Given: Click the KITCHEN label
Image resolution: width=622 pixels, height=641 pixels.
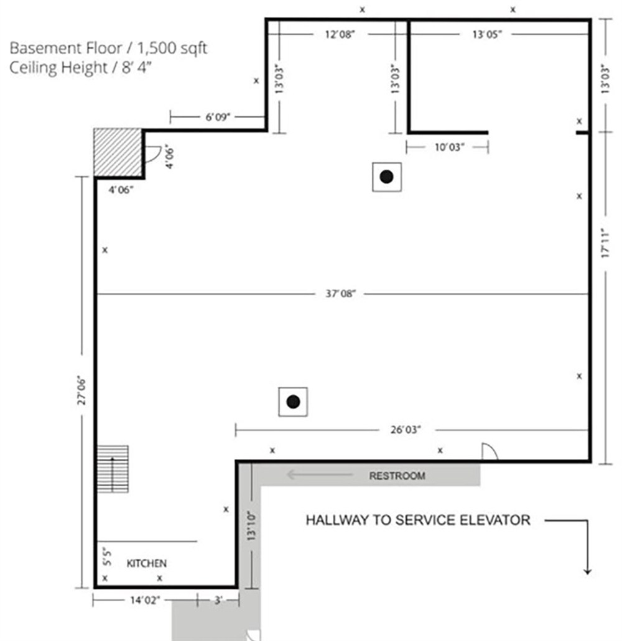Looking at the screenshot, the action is pyautogui.click(x=146, y=563).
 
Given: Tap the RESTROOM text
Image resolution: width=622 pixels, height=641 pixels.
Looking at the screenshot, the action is pyautogui.click(x=397, y=476).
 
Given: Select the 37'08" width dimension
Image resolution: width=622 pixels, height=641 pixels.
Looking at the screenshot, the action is pyautogui.click(x=341, y=293).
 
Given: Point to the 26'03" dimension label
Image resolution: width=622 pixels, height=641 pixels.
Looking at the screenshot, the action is pyautogui.click(x=406, y=430).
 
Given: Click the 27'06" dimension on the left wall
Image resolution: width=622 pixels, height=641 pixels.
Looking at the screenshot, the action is pyautogui.click(x=81, y=391).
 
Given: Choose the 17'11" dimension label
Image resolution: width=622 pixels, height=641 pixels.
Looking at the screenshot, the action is pyautogui.click(x=605, y=243).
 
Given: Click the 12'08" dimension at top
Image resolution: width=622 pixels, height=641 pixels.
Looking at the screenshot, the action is pyautogui.click(x=340, y=34).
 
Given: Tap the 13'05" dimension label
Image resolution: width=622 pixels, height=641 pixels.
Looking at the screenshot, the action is pyautogui.click(x=487, y=34).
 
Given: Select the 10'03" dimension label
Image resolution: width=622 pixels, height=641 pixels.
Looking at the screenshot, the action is pyautogui.click(x=450, y=147).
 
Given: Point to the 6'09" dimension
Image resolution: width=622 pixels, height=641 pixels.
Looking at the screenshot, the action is pyautogui.click(x=218, y=118).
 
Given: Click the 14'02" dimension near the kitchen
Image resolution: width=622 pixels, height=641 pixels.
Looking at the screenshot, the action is pyautogui.click(x=145, y=600).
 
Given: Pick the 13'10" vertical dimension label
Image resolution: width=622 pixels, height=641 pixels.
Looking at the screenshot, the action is pyautogui.click(x=251, y=526).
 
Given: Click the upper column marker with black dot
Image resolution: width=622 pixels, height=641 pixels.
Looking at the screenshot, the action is pyautogui.click(x=386, y=177).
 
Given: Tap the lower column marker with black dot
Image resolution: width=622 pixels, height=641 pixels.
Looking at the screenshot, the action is pyautogui.click(x=293, y=402).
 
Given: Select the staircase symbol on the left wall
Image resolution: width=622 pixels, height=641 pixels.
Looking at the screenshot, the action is pyautogui.click(x=113, y=469).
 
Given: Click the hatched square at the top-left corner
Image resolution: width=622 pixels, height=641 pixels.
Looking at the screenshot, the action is pyautogui.click(x=118, y=152).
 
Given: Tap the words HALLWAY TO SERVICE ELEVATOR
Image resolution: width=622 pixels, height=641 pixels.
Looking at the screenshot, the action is pyautogui.click(x=418, y=520).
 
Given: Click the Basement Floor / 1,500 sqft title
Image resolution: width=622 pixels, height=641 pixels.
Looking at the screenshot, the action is pyautogui.click(x=108, y=48).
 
